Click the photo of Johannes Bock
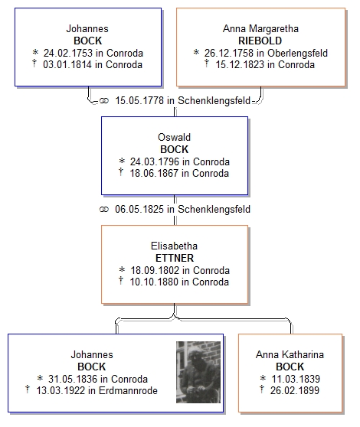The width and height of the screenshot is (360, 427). tap(198, 372)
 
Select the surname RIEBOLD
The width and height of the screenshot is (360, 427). tap(260, 41)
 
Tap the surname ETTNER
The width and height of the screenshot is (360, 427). tap(175, 258)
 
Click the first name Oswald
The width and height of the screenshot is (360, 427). tap(174, 137)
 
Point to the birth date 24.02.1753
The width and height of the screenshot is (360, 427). tap(68, 53)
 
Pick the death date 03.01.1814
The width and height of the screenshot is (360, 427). tap(67, 65)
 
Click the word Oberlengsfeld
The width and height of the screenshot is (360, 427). tap(297, 53)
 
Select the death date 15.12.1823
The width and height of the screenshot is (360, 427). tap(240, 65)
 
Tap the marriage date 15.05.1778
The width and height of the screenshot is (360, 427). tap(139, 100)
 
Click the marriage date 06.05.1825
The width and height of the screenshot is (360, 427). tap(139, 209)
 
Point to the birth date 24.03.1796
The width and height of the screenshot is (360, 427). tap(155, 161)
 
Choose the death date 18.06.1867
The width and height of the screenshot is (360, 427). tap(154, 173)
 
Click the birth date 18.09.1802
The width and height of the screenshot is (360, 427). tap(155, 270)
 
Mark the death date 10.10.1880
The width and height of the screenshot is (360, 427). tap(154, 282)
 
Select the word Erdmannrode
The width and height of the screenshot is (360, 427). tap(128, 390)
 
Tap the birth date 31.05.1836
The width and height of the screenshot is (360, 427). tap(73, 379)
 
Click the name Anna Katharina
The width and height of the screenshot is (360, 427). tap(290, 354)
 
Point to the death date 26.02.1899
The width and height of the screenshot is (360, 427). tap(295, 390)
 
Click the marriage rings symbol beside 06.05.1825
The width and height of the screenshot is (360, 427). tap(104, 210)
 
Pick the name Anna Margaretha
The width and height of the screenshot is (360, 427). tap(260, 28)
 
